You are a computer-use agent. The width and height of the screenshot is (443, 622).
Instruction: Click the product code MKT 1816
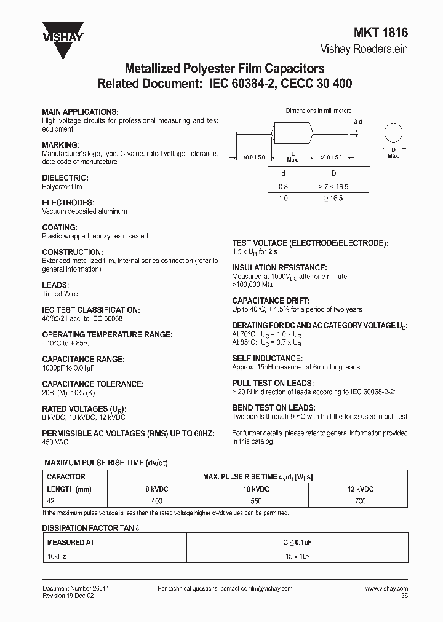click(385, 35)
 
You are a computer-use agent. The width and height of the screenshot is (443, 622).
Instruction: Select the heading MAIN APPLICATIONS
click(79, 112)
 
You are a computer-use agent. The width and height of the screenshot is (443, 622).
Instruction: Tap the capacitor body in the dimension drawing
click(293, 133)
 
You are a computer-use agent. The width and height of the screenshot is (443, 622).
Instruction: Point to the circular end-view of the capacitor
click(392, 133)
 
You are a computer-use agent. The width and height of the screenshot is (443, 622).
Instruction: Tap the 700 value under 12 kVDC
click(360, 501)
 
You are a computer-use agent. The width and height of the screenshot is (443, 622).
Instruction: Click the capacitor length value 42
click(51, 501)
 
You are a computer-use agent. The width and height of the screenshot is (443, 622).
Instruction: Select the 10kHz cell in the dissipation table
click(57, 556)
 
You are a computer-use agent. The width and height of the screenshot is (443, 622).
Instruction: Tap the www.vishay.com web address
click(386, 588)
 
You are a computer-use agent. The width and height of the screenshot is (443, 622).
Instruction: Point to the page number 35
click(404, 596)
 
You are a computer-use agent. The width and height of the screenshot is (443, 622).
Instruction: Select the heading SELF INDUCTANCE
click(275, 358)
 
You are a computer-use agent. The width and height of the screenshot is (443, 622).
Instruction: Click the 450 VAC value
click(55, 442)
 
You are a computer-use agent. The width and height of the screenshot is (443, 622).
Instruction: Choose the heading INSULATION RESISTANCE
click(279, 268)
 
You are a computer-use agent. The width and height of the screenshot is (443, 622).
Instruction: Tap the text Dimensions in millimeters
click(319, 111)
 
